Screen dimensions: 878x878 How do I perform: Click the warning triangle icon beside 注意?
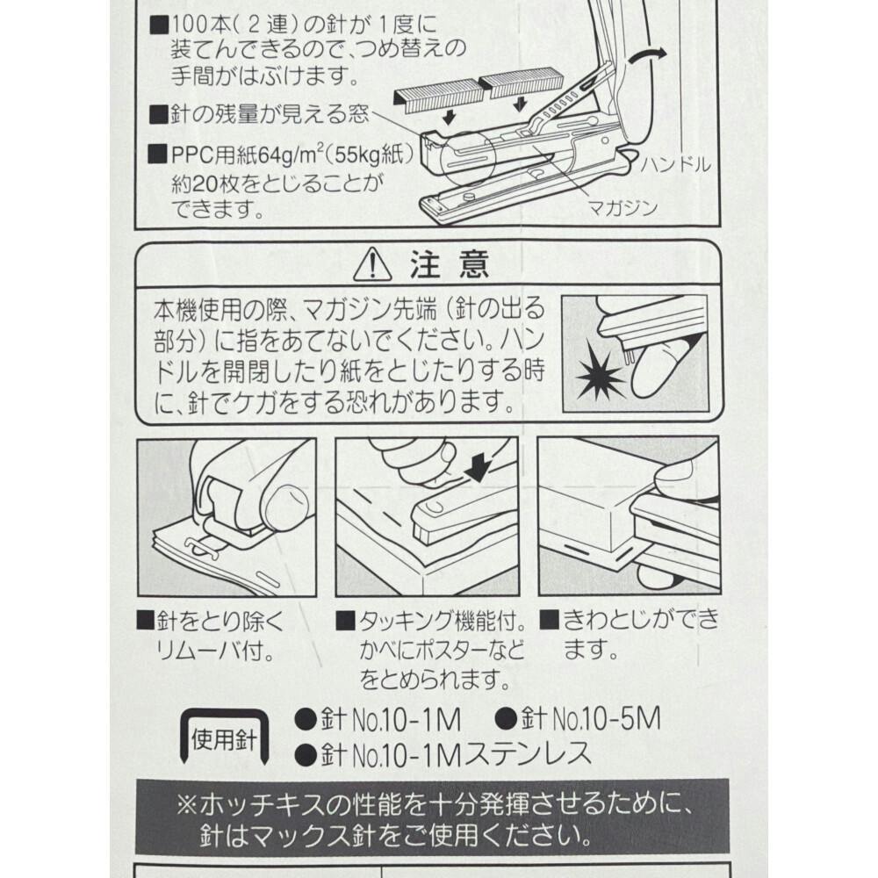372,264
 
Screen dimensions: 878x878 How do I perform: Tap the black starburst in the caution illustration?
599,372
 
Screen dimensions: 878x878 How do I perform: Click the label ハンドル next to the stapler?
675,165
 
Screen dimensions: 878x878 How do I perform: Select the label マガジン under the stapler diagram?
623,208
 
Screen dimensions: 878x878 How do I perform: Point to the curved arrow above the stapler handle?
647,54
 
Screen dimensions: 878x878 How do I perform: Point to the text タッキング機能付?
443,621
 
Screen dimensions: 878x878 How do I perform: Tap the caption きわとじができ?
641,619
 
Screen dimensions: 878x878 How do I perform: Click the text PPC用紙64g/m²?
243,155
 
